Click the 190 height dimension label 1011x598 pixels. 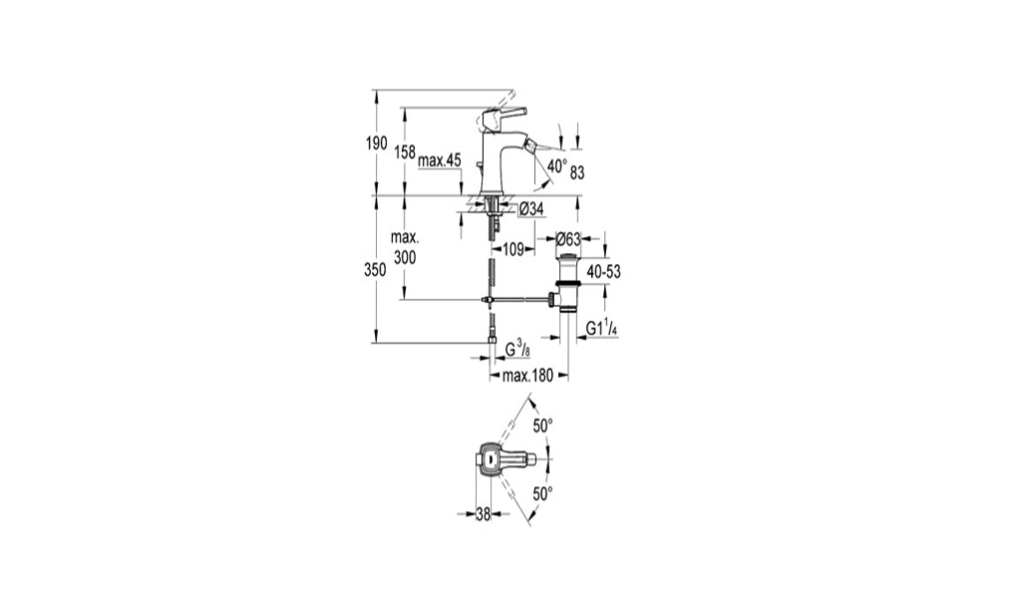[x=377, y=144]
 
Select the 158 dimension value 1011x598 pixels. [x=404, y=152]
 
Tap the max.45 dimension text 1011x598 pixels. [x=440, y=160]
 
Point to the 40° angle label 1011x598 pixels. [x=556, y=166]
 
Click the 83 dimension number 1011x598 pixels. [x=577, y=172]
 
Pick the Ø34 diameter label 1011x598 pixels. [x=530, y=208]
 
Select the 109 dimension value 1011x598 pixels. [x=512, y=249]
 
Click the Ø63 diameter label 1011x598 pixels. [x=568, y=239]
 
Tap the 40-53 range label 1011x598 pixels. [x=604, y=272]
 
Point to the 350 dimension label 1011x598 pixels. [x=375, y=270]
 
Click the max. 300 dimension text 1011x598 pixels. [x=404, y=248]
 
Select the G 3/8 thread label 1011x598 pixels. [x=517, y=350]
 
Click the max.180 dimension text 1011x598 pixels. [x=527, y=376]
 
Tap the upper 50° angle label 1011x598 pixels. [x=543, y=426]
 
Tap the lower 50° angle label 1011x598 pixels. [x=543, y=494]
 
